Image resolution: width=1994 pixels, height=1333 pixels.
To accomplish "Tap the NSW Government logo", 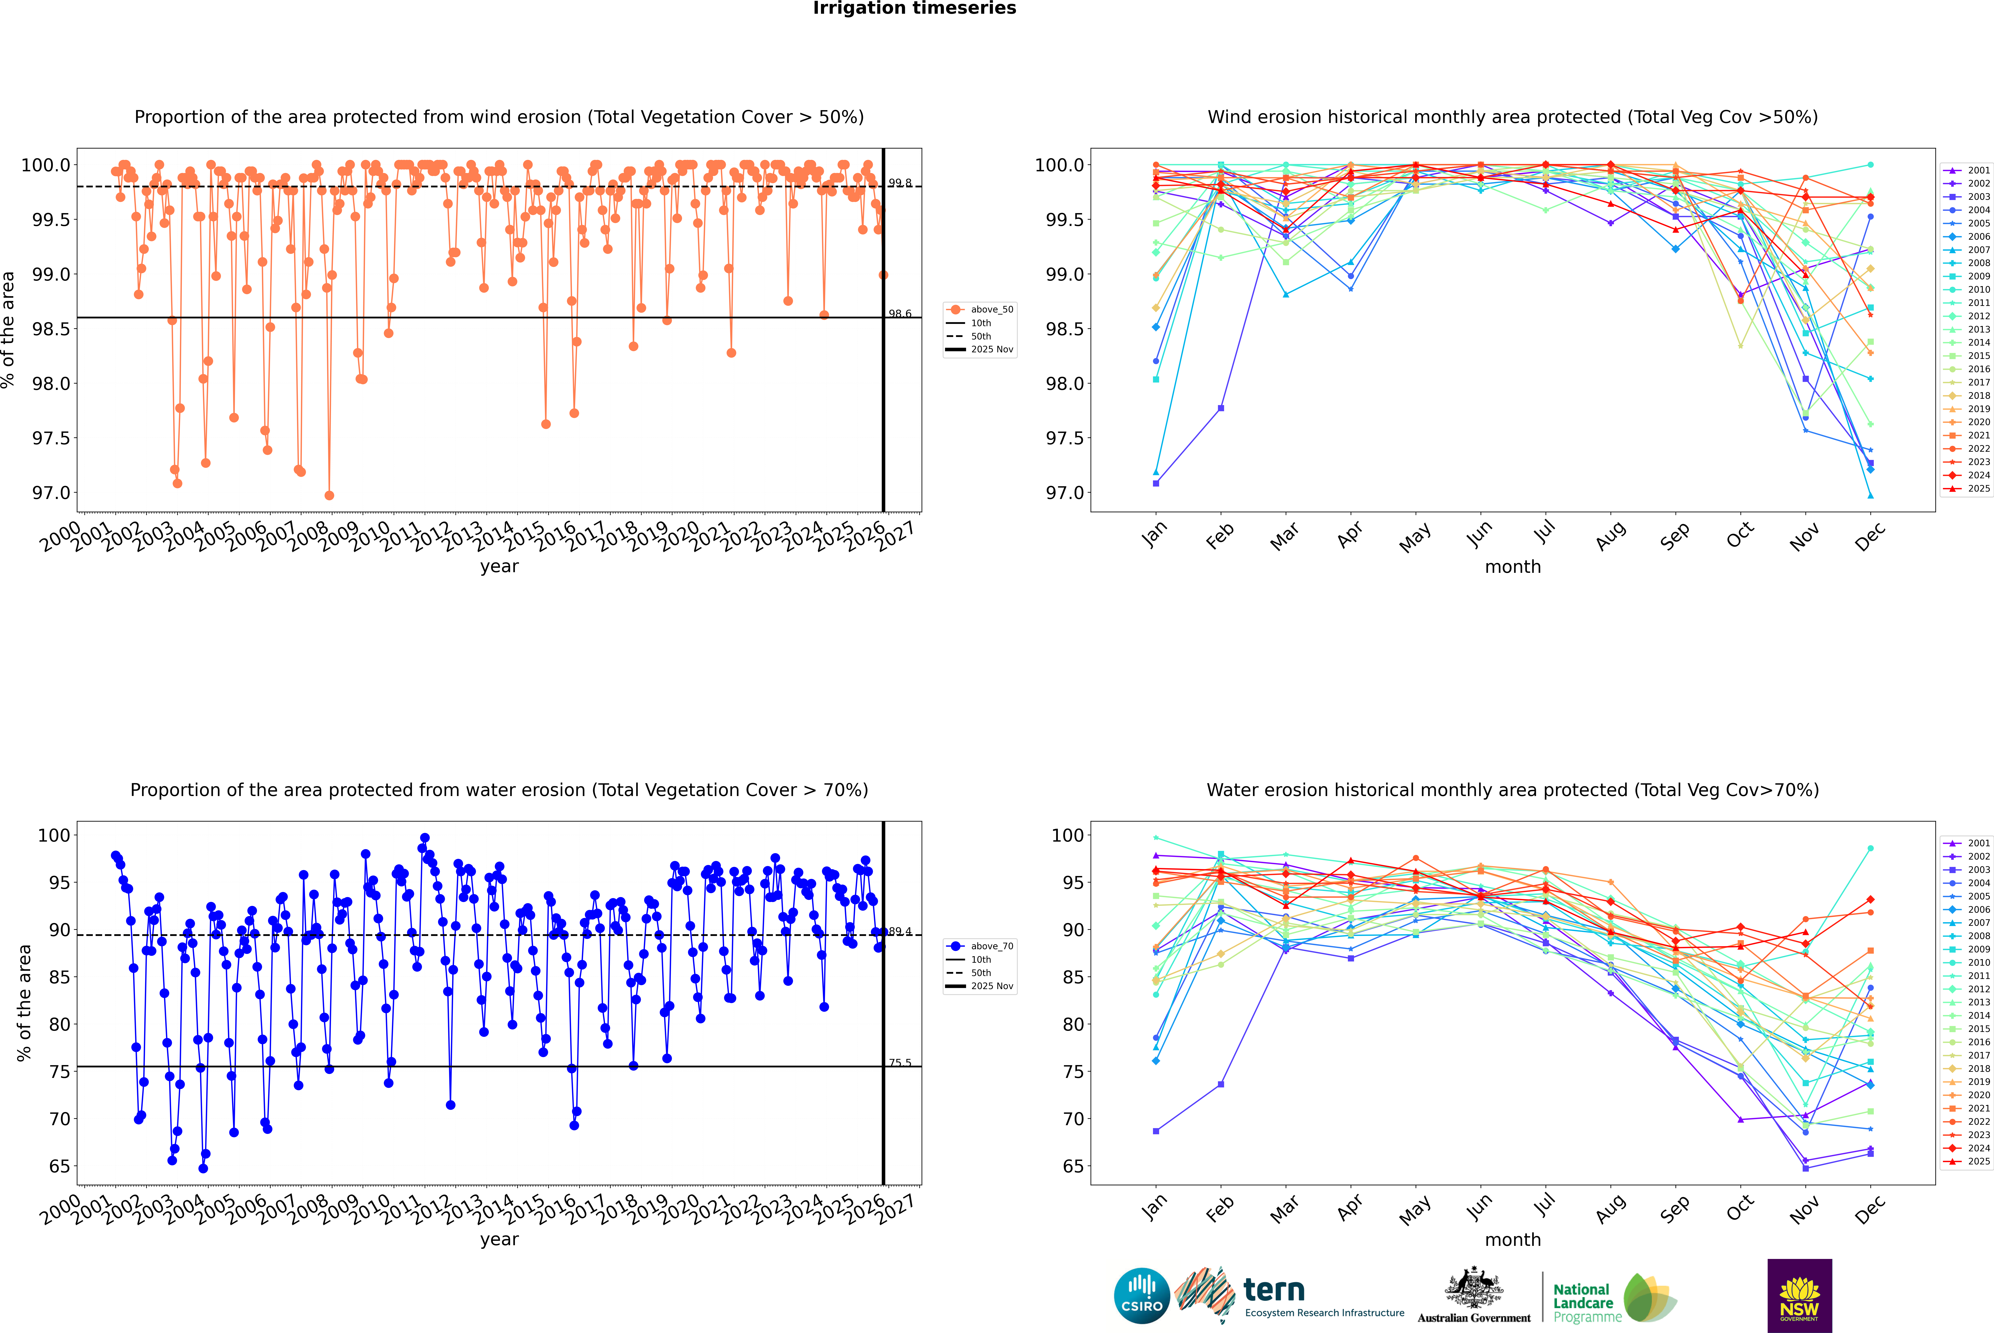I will pos(1799,1296).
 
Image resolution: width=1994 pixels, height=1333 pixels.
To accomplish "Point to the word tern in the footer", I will pos(1273,1290).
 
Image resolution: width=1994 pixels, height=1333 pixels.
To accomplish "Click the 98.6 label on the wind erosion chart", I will pos(900,314).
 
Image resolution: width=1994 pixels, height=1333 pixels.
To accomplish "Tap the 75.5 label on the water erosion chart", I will pos(900,1063).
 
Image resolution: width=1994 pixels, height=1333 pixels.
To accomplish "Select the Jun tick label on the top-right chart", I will pos(1480,534).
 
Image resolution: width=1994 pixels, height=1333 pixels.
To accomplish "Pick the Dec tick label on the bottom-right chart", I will pos(1870,1208).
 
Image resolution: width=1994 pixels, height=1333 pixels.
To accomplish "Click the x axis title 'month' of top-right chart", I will pos(1512,567).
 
